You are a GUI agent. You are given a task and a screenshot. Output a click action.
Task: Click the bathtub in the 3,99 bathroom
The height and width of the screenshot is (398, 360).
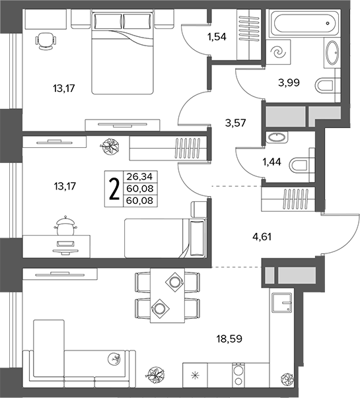(305, 23)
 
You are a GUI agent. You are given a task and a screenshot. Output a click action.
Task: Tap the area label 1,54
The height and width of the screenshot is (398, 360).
(217, 37)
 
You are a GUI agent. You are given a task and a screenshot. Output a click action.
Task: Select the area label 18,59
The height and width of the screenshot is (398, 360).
(229, 339)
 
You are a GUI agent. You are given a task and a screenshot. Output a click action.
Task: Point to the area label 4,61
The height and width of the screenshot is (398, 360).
(262, 237)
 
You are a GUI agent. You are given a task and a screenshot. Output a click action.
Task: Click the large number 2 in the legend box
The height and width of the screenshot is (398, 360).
(114, 189)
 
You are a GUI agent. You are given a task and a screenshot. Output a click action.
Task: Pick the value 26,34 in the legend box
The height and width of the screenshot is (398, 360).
(140, 176)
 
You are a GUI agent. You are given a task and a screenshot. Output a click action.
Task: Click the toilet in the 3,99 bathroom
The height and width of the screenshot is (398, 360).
(328, 85)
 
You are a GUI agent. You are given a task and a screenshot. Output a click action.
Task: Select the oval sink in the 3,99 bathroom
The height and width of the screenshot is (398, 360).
(332, 53)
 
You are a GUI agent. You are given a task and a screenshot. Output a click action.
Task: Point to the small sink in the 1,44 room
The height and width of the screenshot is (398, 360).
(277, 137)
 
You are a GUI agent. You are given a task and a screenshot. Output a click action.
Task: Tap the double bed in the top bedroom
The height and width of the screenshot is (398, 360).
(123, 53)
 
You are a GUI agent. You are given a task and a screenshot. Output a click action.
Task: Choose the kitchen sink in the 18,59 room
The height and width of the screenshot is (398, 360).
(282, 302)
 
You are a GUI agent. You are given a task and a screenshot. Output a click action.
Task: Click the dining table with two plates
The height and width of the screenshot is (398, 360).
(167, 295)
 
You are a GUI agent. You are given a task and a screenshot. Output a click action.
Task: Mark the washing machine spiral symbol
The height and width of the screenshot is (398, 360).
(278, 52)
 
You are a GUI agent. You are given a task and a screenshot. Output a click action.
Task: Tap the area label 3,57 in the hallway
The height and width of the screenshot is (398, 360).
(236, 123)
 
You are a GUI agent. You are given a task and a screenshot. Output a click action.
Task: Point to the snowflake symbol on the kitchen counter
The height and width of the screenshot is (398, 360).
(195, 375)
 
